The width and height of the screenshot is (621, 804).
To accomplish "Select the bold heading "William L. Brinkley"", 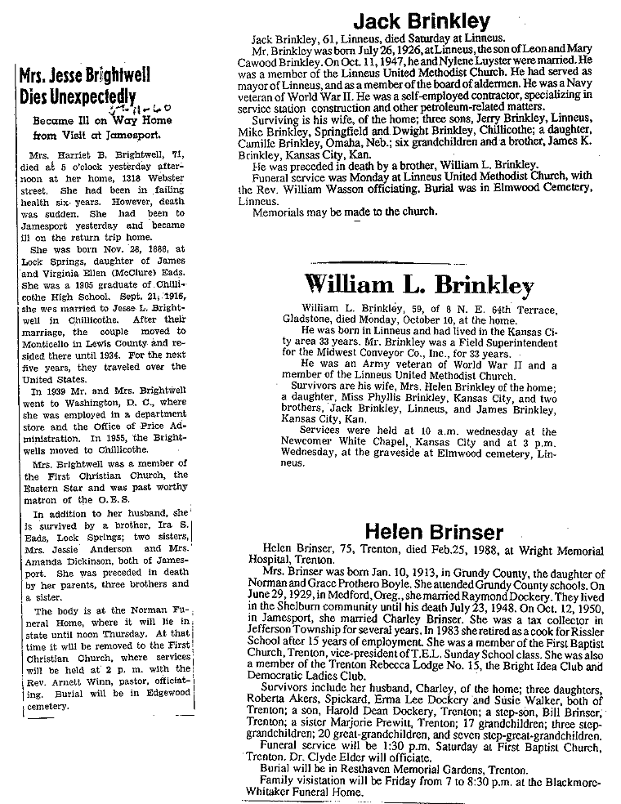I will pos(418,286).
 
